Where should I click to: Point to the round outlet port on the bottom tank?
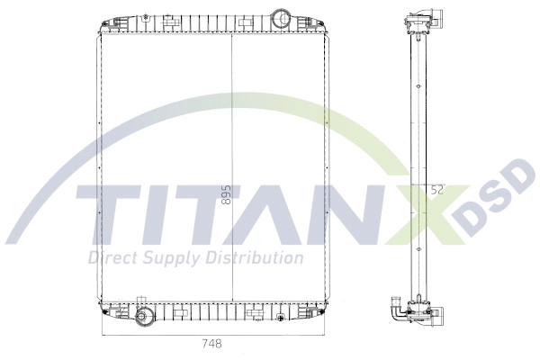(x=143, y=316)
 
